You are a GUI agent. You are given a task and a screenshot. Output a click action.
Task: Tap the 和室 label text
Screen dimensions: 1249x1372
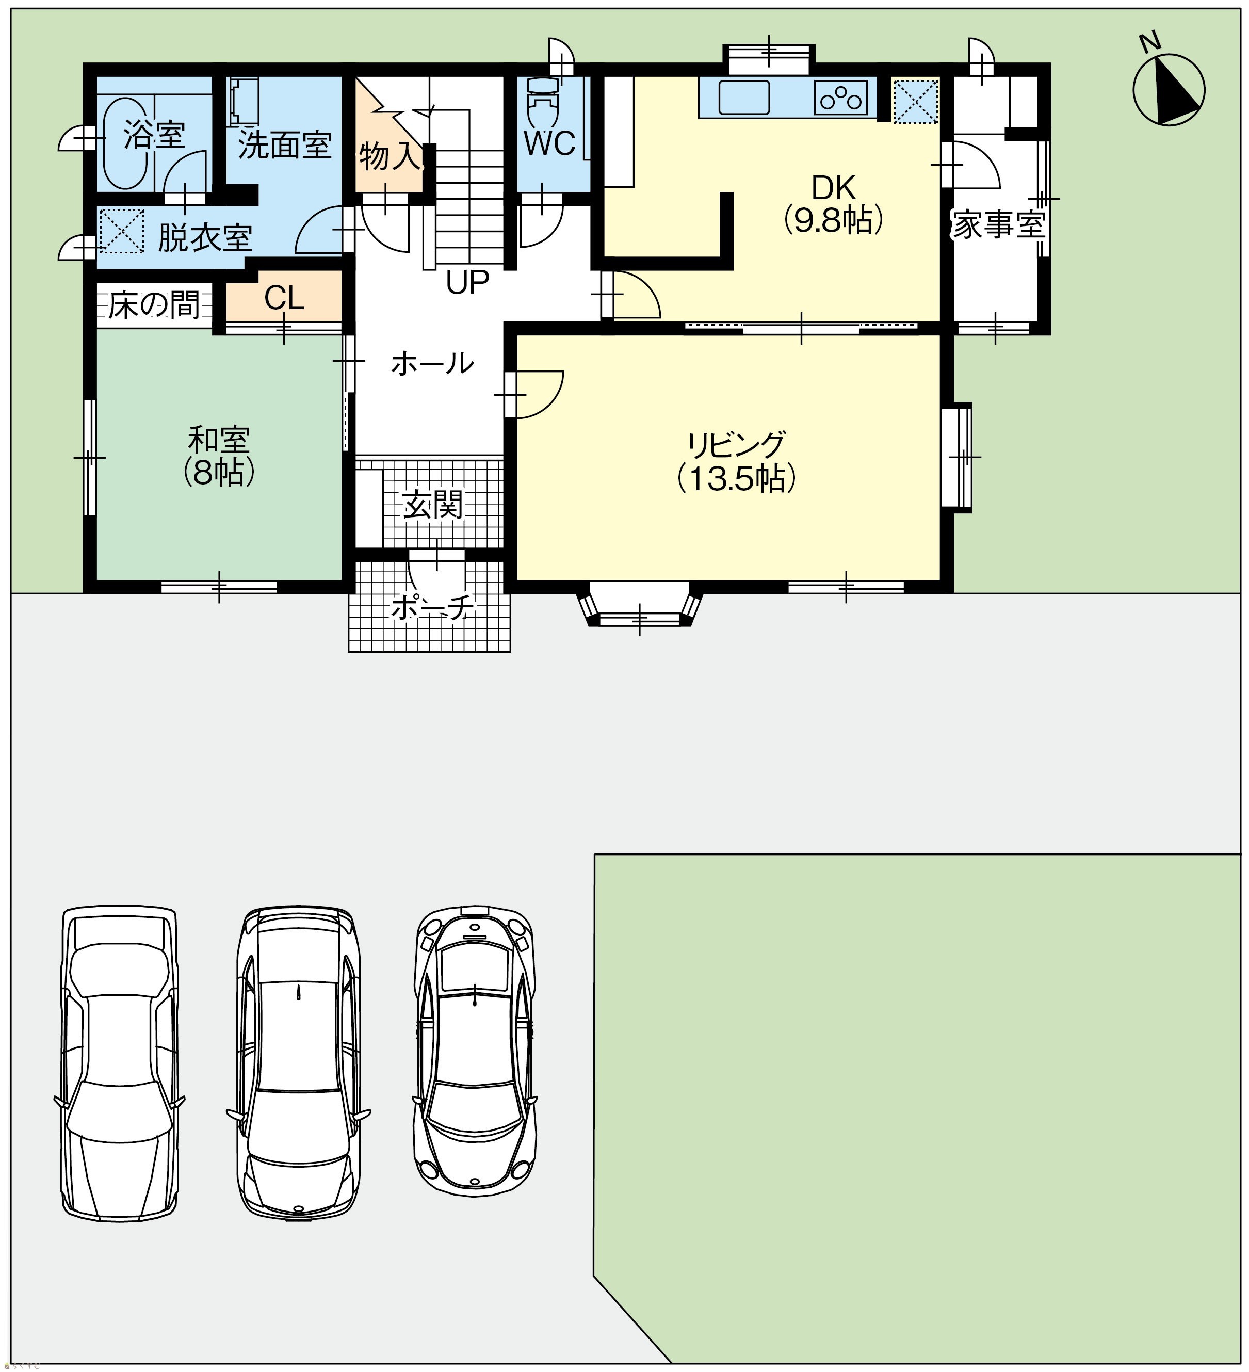pos(219,440)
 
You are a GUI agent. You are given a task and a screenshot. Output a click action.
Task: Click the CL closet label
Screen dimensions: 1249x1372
pos(284,297)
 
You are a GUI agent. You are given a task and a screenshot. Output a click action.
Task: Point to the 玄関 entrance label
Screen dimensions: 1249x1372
pos(433,504)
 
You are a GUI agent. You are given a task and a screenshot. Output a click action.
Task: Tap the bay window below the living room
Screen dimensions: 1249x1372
pos(640,604)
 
